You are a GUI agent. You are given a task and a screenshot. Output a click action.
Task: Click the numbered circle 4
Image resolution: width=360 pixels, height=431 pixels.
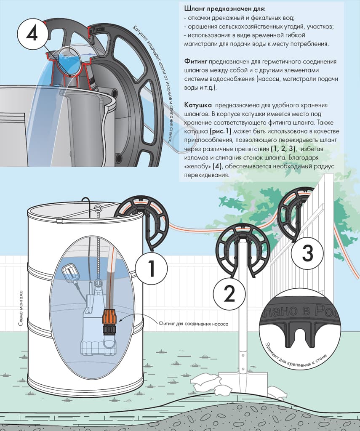(x=32, y=35)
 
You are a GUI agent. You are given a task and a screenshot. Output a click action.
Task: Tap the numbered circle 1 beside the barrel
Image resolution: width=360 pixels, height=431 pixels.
(x=151, y=268)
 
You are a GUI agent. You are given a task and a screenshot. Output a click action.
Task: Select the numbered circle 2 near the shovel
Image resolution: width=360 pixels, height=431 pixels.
(x=229, y=293)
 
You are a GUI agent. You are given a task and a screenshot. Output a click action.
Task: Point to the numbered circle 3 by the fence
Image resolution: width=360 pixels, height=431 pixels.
(x=307, y=253)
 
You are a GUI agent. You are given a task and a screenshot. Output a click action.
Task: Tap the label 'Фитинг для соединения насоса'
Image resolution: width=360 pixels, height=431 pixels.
(x=193, y=324)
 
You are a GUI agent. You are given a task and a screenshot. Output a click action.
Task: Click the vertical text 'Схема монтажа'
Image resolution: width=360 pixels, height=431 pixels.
(x=21, y=309)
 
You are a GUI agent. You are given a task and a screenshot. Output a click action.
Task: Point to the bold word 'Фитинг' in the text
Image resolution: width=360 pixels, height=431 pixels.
(x=195, y=61)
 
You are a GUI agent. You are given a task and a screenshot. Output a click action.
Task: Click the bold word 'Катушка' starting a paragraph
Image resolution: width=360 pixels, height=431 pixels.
(x=198, y=105)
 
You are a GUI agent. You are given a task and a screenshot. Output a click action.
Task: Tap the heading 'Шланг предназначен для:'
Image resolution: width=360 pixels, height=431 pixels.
(x=225, y=9)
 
